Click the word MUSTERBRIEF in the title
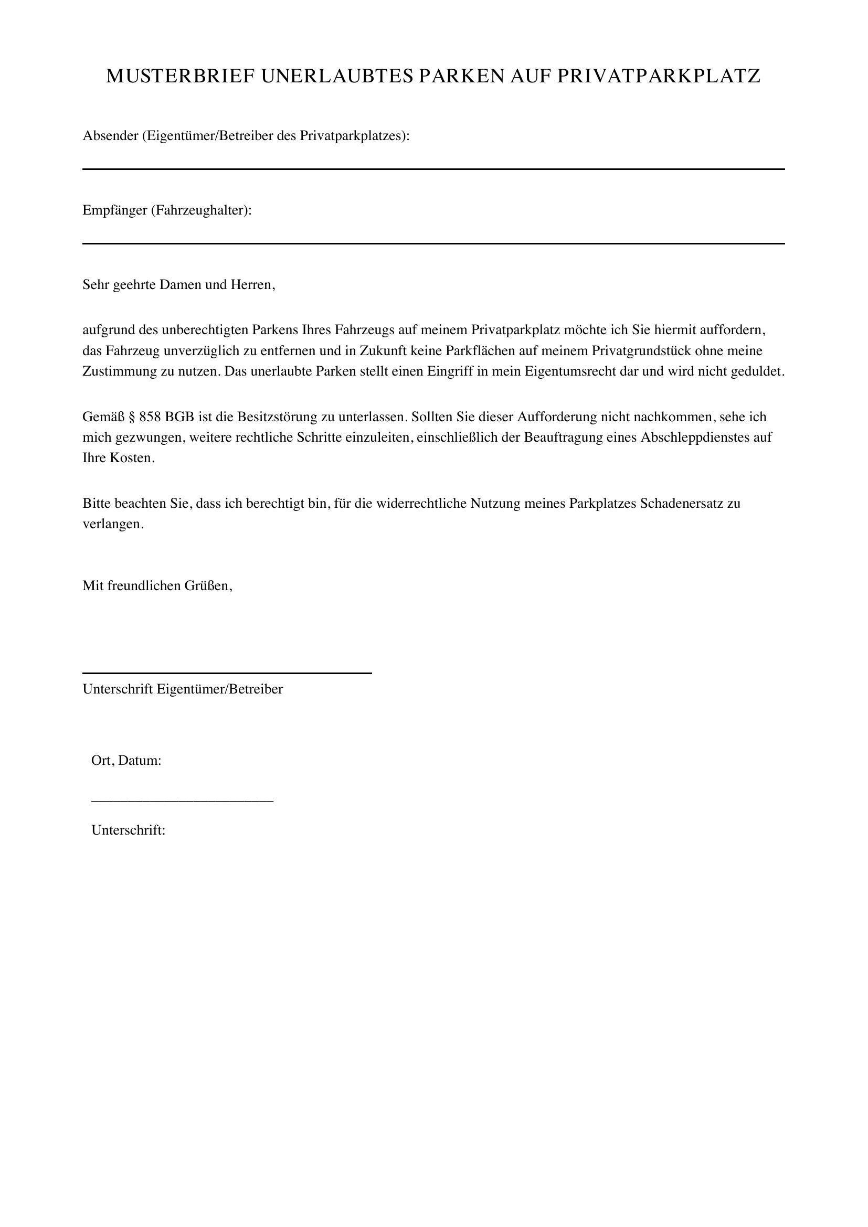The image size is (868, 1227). click(180, 77)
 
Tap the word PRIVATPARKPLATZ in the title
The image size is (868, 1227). click(659, 77)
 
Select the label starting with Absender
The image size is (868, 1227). click(246, 136)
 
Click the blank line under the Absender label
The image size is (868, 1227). click(433, 169)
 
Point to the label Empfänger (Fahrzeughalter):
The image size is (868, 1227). click(167, 210)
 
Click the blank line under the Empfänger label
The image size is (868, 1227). click(433, 243)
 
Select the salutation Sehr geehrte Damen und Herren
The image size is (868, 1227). click(178, 284)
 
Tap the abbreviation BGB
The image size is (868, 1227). click(179, 417)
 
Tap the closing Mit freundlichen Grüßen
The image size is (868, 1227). click(157, 586)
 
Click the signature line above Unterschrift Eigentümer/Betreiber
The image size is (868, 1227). click(227, 673)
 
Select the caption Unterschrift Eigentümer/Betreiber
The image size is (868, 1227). click(183, 689)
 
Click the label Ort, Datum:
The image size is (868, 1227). click(126, 760)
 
